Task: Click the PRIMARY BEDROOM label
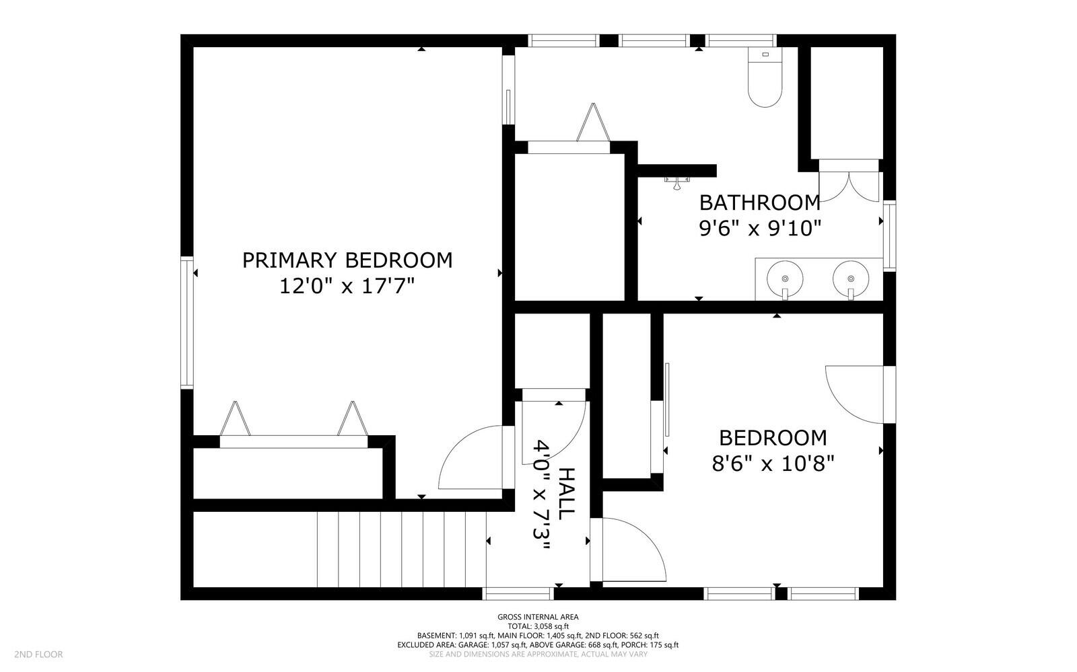[347, 260]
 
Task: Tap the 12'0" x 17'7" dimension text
[347, 287]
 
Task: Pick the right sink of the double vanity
[851, 277]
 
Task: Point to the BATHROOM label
[760, 202]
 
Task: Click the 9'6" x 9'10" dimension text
[760, 229]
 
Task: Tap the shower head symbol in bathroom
[676, 182]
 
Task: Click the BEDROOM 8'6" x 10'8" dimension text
[773, 463]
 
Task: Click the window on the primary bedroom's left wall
[186, 322]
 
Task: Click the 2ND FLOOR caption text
[39, 654]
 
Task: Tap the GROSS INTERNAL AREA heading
[538, 617]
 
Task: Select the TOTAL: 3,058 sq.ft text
[538, 626]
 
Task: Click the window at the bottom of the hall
[518, 593]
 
